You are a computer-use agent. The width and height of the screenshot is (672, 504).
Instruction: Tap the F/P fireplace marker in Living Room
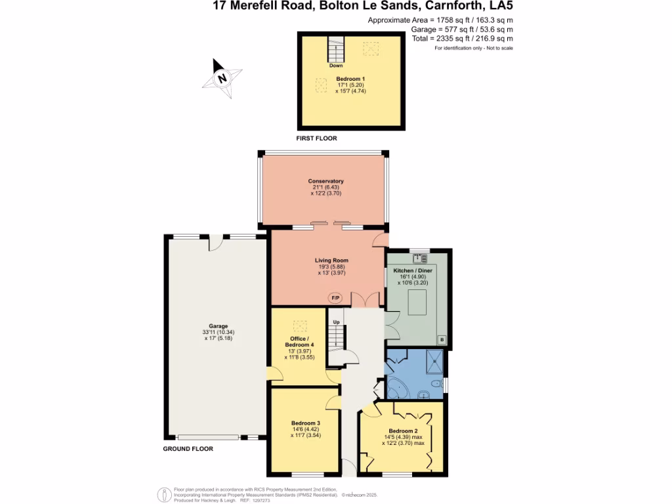click(x=335, y=299)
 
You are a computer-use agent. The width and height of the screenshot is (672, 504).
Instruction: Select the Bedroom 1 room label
click(x=350, y=79)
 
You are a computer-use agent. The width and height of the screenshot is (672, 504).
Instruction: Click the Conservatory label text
click(x=326, y=181)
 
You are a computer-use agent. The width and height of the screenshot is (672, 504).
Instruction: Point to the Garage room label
click(x=219, y=326)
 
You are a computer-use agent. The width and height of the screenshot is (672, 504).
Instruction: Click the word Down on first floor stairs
click(x=335, y=66)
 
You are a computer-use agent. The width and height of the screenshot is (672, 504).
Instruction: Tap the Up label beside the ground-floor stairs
click(x=337, y=322)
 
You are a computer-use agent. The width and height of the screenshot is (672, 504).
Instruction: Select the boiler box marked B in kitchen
click(x=442, y=339)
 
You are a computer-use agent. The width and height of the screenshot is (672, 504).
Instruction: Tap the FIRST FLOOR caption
click(x=316, y=139)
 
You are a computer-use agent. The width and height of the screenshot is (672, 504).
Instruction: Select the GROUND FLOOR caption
click(x=188, y=449)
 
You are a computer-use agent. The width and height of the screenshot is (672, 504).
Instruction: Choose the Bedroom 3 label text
click(x=305, y=423)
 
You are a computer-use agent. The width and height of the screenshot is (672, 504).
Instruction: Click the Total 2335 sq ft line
click(x=462, y=39)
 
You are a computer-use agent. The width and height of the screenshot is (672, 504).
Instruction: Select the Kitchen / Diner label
click(x=412, y=270)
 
